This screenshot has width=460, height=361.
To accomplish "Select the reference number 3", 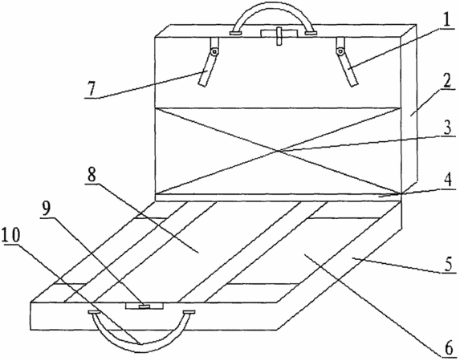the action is [x=447, y=128].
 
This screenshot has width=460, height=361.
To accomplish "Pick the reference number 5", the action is [x=448, y=265].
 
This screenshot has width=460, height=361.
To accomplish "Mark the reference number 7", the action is [x=91, y=89].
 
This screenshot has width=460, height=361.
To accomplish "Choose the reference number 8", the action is [x=92, y=175].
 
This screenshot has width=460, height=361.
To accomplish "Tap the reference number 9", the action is [x=46, y=209].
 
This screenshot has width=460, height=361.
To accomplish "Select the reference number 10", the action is [x=10, y=235].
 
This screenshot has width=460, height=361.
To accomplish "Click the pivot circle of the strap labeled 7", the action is [x=215, y=52].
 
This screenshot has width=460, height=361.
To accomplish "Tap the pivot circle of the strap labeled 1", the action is [x=340, y=52].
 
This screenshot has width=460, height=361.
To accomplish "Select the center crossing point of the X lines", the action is [x=277, y=151].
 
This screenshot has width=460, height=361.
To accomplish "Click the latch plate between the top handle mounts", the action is [x=279, y=34].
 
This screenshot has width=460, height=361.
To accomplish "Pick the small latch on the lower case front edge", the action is [x=144, y=306].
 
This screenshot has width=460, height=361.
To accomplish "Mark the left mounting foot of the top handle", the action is [x=235, y=34].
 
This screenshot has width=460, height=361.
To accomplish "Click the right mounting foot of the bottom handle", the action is [x=189, y=313].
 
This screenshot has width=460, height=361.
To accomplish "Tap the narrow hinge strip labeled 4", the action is [x=278, y=197].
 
